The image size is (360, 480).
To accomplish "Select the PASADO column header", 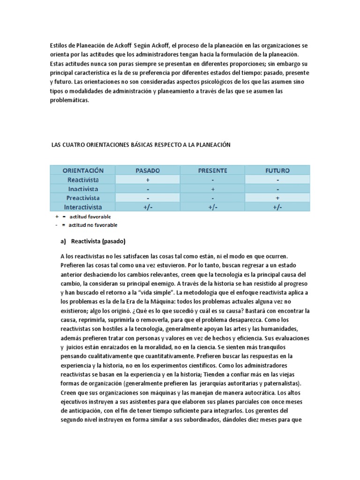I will click(147, 170).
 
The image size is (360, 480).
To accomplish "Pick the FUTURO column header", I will click(277, 170).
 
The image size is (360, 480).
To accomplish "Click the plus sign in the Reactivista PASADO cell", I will click(147, 180).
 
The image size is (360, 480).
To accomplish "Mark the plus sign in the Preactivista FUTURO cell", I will click(277, 198).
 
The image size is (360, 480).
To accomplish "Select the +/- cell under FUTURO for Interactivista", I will click(277, 207).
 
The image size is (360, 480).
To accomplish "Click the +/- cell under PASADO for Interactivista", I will click(147, 207).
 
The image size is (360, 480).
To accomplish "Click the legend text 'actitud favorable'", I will click(90, 217).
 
